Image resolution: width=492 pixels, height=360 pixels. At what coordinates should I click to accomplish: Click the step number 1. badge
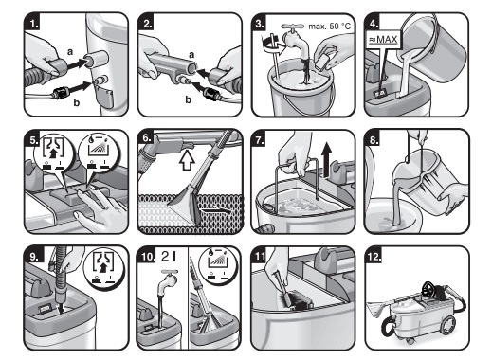32,23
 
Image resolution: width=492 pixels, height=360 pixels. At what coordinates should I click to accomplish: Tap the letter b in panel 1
77,102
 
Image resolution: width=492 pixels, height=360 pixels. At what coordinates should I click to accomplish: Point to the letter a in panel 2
191,55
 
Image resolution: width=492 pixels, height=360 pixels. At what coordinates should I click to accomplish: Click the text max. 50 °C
330,27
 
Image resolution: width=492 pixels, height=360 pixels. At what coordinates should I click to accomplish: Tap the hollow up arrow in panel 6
187,159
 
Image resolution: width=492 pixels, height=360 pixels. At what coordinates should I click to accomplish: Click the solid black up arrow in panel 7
327,158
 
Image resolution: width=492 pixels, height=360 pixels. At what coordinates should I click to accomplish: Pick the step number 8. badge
374,139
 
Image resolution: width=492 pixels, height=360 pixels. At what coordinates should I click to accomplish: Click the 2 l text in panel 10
169,256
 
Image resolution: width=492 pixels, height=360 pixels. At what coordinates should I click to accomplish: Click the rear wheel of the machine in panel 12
447,325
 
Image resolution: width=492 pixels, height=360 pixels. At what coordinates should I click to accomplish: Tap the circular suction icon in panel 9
103,268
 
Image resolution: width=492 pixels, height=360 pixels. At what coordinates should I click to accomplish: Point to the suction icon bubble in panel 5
54,154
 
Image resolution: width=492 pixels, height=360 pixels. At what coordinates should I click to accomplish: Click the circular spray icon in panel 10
218,266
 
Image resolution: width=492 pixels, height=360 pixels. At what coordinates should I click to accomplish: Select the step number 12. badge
374,256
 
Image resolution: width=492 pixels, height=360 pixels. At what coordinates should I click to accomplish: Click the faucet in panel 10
167,282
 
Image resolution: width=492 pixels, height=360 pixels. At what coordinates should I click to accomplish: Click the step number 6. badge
146,137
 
